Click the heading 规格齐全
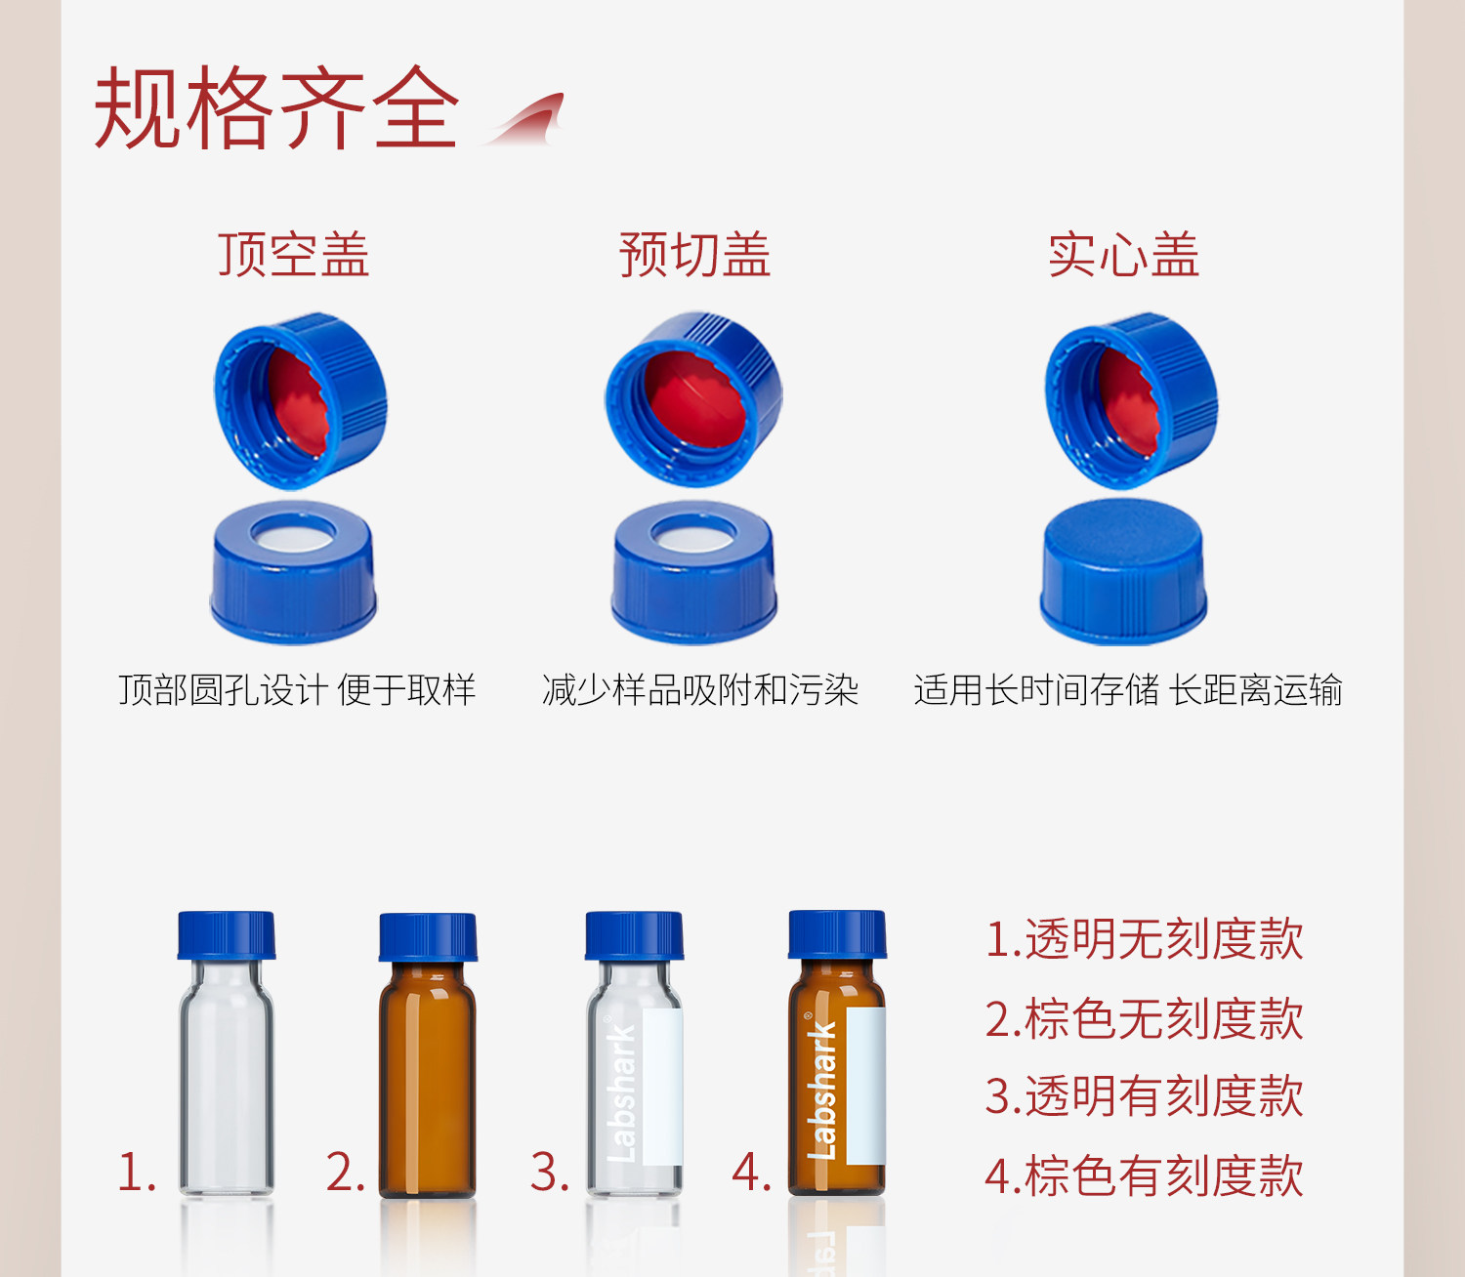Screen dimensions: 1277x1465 tap(276, 108)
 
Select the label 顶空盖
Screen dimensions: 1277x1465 tap(293, 256)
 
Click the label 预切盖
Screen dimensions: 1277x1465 tap(694, 256)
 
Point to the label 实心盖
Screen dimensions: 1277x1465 tap(1123, 256)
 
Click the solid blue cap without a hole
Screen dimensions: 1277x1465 tap(1123, 571)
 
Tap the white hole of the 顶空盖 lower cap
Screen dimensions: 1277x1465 tap(293, 533)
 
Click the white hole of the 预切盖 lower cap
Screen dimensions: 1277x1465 tap(693, 534)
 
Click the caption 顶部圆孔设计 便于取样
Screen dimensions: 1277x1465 tap(297, 690)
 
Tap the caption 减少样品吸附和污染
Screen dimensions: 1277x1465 tap(699, 690)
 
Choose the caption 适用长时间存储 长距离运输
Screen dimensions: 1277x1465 tap(1128, 690)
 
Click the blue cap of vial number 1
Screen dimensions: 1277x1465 tap(227, 935)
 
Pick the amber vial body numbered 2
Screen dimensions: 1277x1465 tap(428, 1074)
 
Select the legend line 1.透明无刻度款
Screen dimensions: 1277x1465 tap(1144, 939)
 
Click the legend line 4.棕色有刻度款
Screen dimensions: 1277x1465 tap(1144, 1175)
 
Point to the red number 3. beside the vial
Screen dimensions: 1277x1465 tap(549, 1172)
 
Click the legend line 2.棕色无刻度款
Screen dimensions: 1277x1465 tap(1144, 1018)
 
